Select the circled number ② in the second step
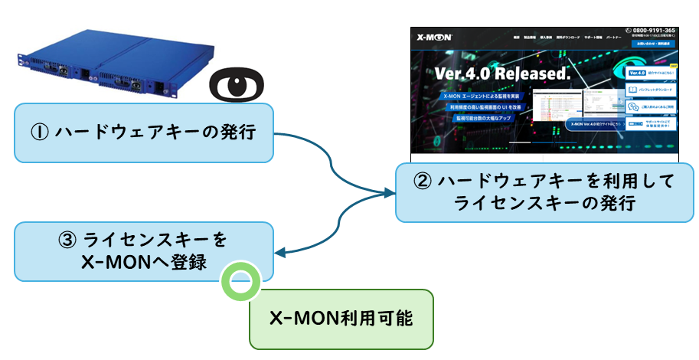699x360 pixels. click(423, 182)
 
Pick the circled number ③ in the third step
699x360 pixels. click(67, 240)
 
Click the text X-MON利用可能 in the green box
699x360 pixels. click(341, 317)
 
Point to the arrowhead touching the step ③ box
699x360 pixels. click(280, 253)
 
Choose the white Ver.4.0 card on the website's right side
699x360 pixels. click(650, 73)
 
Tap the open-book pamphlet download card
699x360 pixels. click(650, 90)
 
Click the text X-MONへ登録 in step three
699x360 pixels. click(144, 261)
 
